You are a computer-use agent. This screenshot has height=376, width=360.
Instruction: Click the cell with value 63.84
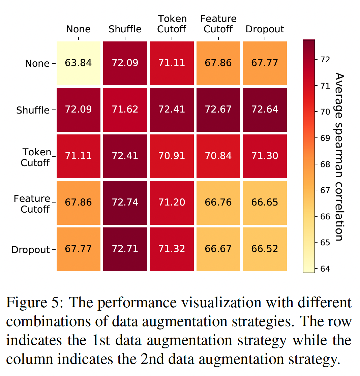pyautogui.click(x=79, y=63)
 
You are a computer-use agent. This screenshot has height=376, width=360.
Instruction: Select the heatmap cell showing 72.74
pyautogui.click(x=125, y=202)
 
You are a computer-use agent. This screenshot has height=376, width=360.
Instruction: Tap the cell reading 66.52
pyautogui.click(x=265, y=249)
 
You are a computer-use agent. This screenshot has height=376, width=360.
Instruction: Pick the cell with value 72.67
pyautogui.click(x=218, y=109)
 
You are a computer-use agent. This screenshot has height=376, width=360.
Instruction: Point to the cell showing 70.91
pyautogui.click(x=172, y=156)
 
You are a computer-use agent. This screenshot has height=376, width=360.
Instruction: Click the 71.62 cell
pyautogui.click(x=125, y=109)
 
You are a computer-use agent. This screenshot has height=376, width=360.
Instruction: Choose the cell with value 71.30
pyautogui.click(x=265, y=156)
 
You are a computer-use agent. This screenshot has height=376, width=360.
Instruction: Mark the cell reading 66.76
pyautogui.click(x=218, y=202)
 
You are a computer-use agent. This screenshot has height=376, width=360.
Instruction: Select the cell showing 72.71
pyautogui.click(x=125, y=249)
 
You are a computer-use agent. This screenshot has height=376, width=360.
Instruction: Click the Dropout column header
pyautogui.click(x=265, y=29)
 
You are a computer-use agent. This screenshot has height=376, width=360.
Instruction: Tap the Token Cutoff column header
pyautogui.click(x=172, y=24)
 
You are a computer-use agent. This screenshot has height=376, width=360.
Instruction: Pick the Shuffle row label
pyautogui.click(x=33, y=110)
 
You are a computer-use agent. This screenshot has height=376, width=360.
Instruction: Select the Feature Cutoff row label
pyautogui.click(x=32, y=204)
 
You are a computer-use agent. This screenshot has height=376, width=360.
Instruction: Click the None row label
pyautogui.click(x=37, y=64)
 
